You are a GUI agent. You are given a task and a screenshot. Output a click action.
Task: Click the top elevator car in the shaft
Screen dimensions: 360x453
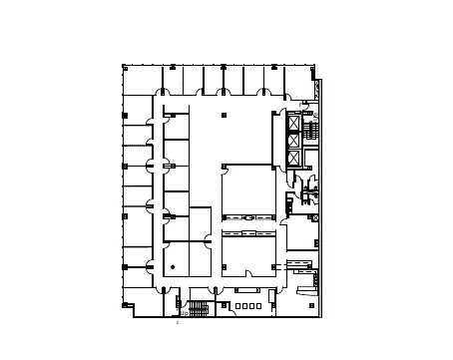coord(293,124)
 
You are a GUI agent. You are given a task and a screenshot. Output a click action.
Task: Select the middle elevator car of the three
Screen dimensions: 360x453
coord(293,142)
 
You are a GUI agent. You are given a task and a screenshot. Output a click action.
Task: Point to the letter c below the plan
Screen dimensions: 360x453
coord(178,322)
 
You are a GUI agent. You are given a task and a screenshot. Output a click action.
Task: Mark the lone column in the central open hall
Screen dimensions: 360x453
coord(224,116)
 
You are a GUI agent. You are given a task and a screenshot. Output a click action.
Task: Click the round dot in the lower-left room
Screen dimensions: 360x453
coord(174,266)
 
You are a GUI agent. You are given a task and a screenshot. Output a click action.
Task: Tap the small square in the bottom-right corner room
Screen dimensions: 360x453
coord(312,306)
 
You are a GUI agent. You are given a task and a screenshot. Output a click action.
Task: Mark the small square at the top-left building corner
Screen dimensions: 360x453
coord(124,67)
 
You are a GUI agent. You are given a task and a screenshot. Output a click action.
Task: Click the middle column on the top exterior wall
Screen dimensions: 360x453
coord(223,67)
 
